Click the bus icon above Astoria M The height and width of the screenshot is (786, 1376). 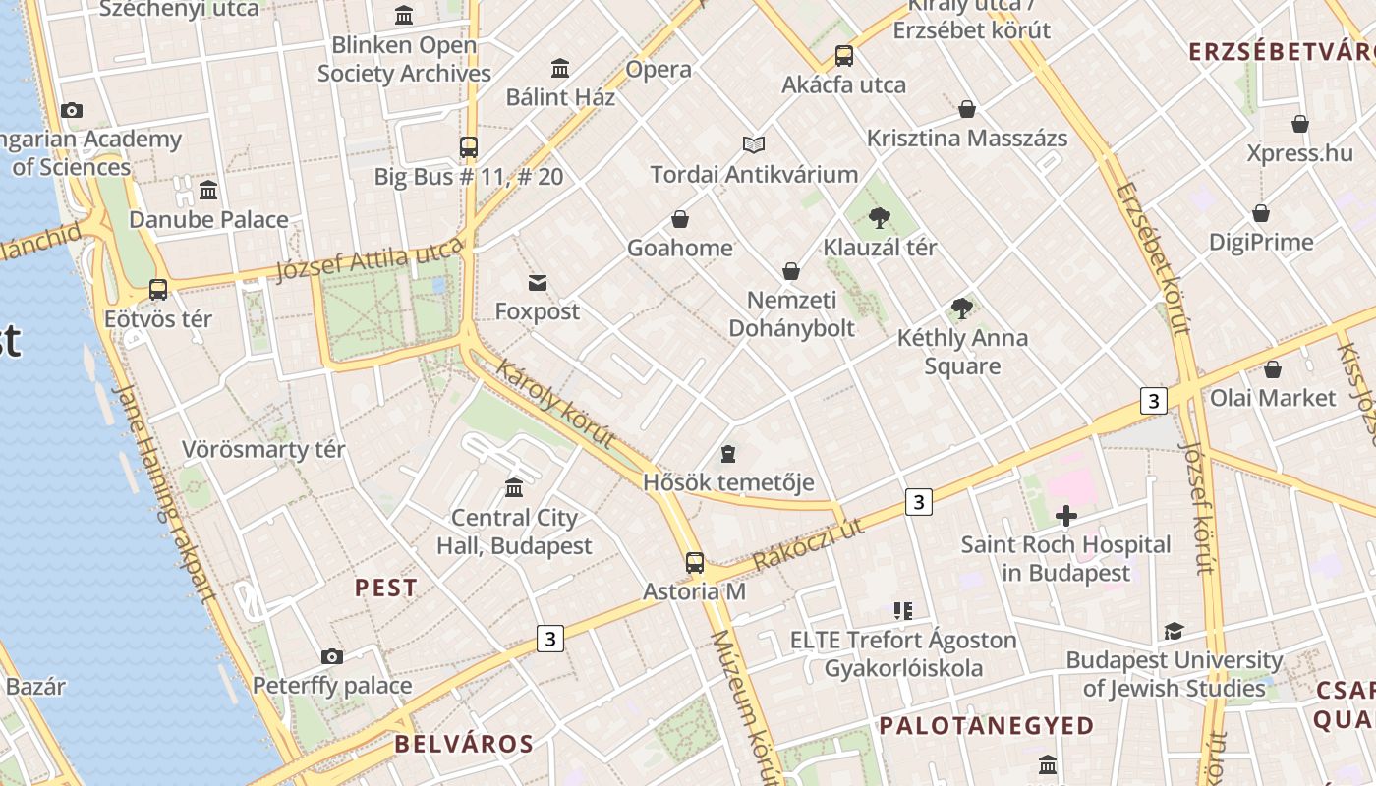pos(695,563)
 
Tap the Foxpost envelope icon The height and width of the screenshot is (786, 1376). pos(538,283)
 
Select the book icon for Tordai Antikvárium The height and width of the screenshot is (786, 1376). pos(754,145)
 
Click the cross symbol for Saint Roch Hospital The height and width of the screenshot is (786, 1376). pos(1066,516)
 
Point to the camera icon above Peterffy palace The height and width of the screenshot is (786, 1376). pos(332,656)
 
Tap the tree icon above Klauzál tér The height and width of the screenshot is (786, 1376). pos(880,218)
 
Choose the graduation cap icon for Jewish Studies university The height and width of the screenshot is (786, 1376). pos(1174,631)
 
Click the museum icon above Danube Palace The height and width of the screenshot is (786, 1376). pos(208,190)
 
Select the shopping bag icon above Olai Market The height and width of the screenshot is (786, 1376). pos(1273,369)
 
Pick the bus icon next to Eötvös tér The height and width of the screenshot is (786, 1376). pos(158,290)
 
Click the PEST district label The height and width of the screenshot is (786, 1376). pos(386,588)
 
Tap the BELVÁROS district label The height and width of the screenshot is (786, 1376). pos(464,744)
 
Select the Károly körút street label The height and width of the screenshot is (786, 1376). pos(556,404)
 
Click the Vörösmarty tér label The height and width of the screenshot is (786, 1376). pos(263,450)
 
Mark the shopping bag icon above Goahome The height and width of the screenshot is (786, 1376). pos(679,219)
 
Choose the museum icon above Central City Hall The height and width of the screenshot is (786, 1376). pos(514,488)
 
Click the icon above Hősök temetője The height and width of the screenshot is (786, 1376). pos(728,454)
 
